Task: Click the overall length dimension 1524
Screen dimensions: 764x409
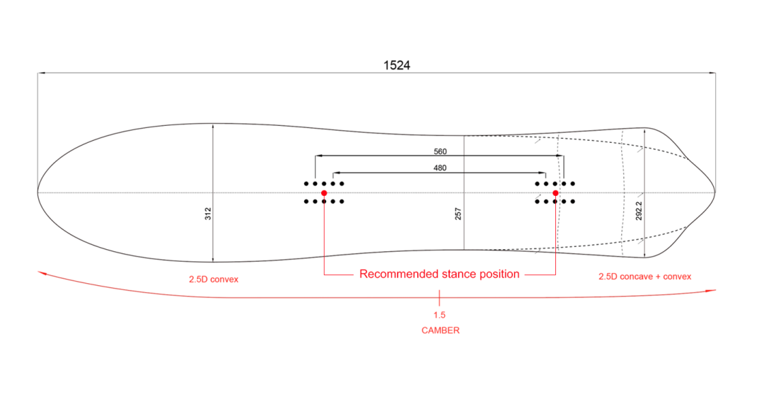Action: coord(397,65)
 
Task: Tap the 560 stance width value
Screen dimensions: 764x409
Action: coord(440,151)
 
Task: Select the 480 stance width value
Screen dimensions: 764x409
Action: coord(440,168)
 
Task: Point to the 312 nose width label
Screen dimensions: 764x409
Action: coord(208,214)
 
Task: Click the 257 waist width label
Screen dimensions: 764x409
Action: coord(458,214)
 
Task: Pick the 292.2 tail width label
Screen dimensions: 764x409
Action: coord(639,211)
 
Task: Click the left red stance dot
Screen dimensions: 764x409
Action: coord(324,193)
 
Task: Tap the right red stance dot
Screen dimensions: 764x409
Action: coord(555,193)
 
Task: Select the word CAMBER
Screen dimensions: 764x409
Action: coord(441,330)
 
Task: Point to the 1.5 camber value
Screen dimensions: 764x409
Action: coord(439,315)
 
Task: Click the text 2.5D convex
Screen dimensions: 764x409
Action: coord(214,280)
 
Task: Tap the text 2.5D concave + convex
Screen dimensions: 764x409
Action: coord(644,277)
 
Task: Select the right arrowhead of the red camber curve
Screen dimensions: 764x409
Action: coord(713,291)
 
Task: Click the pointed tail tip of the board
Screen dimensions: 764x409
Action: coord(714,192)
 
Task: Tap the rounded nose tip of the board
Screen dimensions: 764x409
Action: coord(38,192)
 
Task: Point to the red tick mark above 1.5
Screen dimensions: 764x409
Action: coord(439,298)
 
